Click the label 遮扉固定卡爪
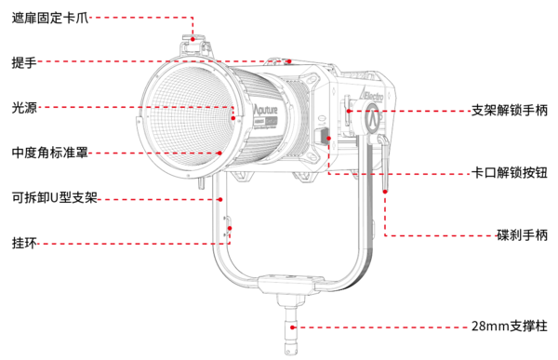point(50,17)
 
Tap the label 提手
point(24,62)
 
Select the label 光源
point(24,108)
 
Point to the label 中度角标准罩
point(50,153)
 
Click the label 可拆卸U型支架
point(55,197)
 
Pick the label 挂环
point(24,242)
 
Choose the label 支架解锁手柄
point(510,109)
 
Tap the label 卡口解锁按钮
point(510,173)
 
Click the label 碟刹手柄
point(522,235)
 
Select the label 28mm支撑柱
point(509,327)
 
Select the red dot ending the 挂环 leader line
point(229,242)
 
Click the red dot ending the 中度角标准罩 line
point(219,153)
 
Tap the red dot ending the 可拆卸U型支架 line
point(220,198)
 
